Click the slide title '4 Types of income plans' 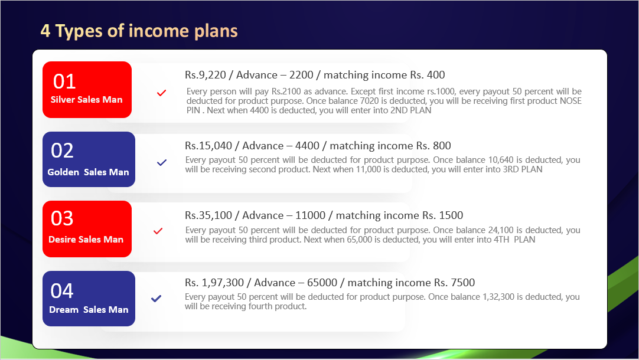pyautogui.click(x=139, y=31)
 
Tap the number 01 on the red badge pyautogui.click(x=64, y=81)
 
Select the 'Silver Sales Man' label pyautogui.click(x=86, y=99)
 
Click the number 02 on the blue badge pyautogui.click(x=63, y=150)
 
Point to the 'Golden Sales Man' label pyautogui.click(x=88, y=172)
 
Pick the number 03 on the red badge pyautogui.click(x=62, y=218)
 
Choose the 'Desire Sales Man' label pyautogui.click(x=86, y=240)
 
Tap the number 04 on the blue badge pyautogui.click(x=62, y=291)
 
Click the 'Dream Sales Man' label pyautogui.click(x=89, y=309)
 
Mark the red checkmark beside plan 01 pyautogui.click(x=161, y=93)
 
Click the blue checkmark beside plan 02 pyautogui.click(x=162, y=162)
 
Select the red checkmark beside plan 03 pyautogui.click(x=158, y=231)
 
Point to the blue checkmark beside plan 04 pyautogui.click(x=156, y=299)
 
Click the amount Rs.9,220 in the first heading pyautogui.click(x=206, y=75)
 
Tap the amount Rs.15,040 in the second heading pyautogui.click(x=208, y=146)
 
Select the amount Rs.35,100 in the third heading pyautogui.click(x=208, y=215)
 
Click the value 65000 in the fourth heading pyautogui.click(x=322, y=283)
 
